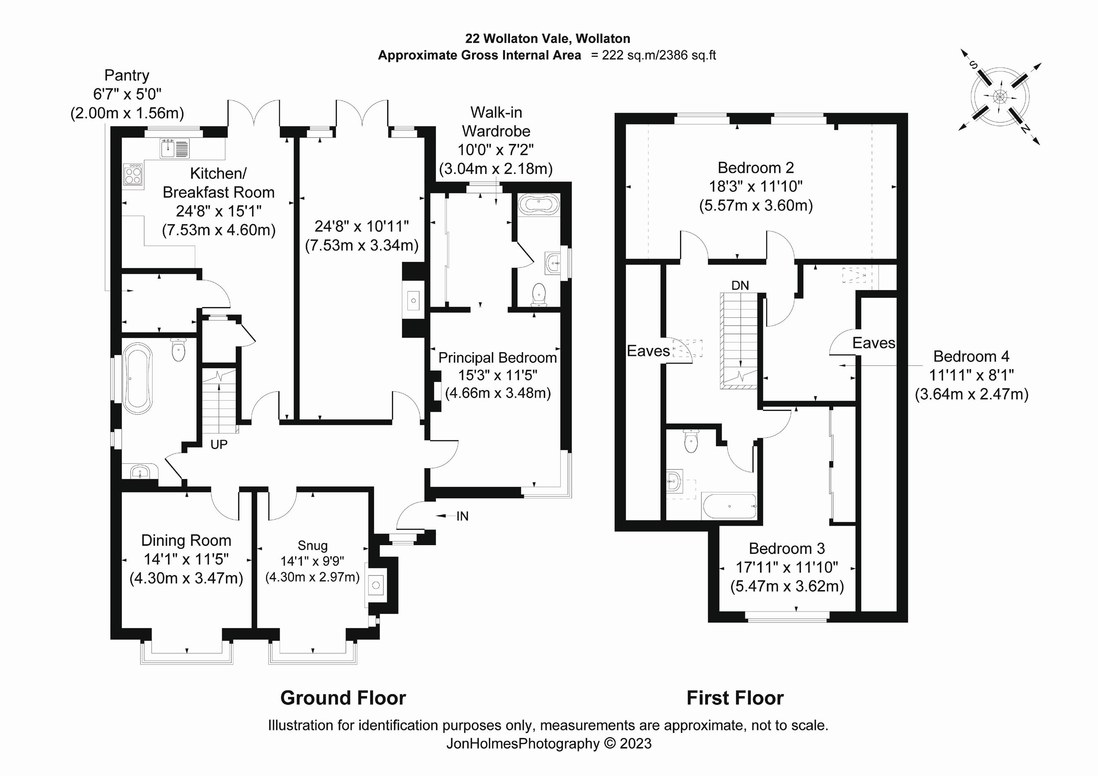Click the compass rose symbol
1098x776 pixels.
(x=999, y=97)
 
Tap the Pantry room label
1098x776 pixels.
(x=127, y=75)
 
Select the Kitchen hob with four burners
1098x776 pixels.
(x=133, y=174)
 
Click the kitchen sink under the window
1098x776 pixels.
(x=174, y=148)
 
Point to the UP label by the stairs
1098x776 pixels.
(x=219, y=445)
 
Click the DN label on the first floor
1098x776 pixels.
(x=740, y=285)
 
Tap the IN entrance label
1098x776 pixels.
(x=462, y=516)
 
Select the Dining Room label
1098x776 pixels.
(x=186, y=541)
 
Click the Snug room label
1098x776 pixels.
(x=312, y=546)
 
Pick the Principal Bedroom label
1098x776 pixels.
(x=497, y=358)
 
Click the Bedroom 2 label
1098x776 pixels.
(x=756, y=168)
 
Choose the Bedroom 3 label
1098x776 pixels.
(x=787, y=549)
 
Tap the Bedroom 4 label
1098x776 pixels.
(x=971, y=356)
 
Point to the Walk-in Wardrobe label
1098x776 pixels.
(x=496, y=121)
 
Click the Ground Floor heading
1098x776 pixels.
(x=343, y=698)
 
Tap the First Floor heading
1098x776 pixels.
(x=735, y=698)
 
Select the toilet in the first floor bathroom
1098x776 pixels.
(x=691, y=441)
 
